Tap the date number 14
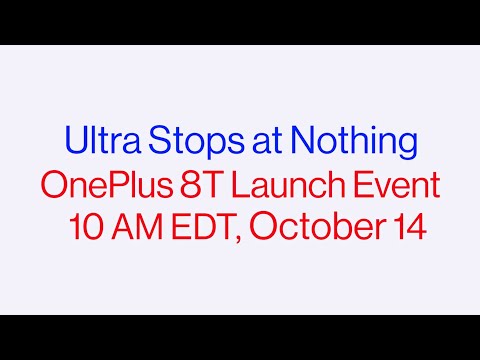pos(410,226)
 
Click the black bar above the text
pos(240,22)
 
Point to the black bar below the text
pos(240,337)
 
